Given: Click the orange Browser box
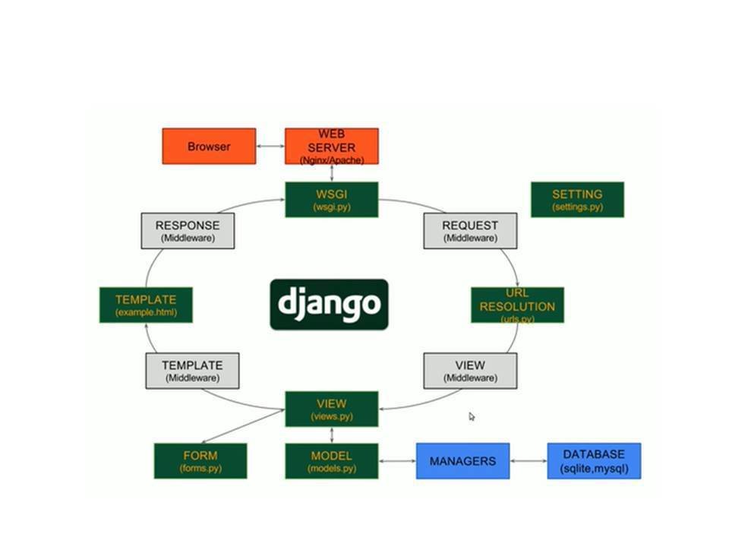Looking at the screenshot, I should pyautogui.click(x=209, y=146).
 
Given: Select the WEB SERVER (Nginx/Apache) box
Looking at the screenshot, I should pyautogui.click(x=331, y=146).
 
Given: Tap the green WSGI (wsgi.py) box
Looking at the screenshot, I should pyautogui.click(x=331, y=199).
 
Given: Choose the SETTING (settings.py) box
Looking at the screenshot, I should pyautogui.click(x=577, y=199).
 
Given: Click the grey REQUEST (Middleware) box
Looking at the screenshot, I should pyautogui.click(x=470, y=230).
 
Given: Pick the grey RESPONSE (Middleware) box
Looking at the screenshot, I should pyautogui.click(x=188, y=230).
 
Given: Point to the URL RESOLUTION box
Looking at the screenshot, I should pyautogui.click(x=517, y=305).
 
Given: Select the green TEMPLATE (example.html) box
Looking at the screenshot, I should pyautogui.click(x=146, y=305).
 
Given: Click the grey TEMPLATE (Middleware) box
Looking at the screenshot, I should pyautogui.click(x=192, y=371).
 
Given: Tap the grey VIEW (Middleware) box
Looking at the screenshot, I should pyautogui.click(x=470, y=371).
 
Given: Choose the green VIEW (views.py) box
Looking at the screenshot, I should pyautogui.click(x=331, y=409).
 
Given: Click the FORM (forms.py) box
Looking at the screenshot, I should pyautogui.click(x=200, y=460).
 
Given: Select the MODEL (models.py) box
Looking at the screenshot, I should pyautogui.click(x=331, y=460).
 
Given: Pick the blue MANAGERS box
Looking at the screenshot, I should pyautogui.click(x=462, y=460).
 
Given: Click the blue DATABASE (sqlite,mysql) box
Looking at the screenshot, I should pyautogui.click(x=594, y=460).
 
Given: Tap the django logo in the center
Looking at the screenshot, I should pyautogui.click(x=329, y=304).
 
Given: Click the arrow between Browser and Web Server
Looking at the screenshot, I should pyautogui.click(x=270, y=146).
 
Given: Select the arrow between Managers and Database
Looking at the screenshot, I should pyautogui.click(x=529, y=460).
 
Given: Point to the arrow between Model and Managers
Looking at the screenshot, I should pyautogui.click(x=396, y=460).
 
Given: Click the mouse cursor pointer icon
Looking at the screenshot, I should pyautogui.click(x=472, y=416).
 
